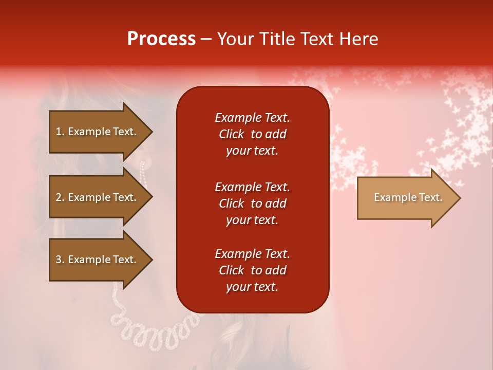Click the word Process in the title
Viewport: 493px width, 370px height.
point(161,39)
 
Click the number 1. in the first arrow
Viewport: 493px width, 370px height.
point(60,132)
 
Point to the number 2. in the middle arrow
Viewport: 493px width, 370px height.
point(60,197)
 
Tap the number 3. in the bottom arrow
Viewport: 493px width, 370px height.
point(60,260)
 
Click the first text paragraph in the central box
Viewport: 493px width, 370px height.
point(252,134)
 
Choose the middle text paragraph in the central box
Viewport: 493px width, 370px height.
point(252,203)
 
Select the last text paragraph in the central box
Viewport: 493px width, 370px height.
point(252,270)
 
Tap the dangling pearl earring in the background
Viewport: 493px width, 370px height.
point(143,175)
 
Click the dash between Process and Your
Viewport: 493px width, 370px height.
point(206,39)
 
